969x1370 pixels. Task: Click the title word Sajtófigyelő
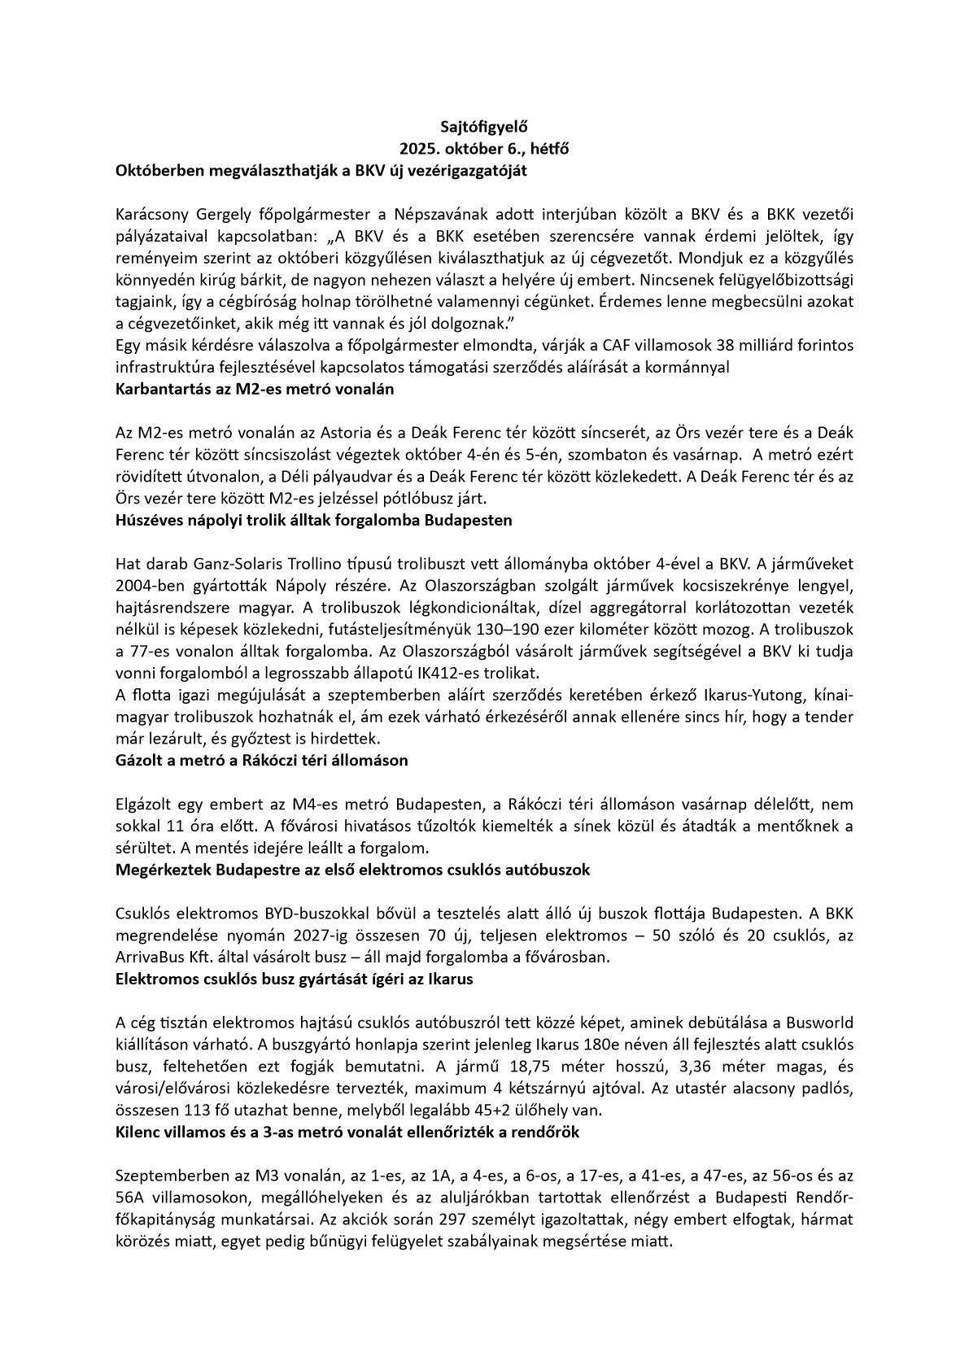tap(484, 127)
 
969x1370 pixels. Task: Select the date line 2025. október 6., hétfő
tap(484, 149)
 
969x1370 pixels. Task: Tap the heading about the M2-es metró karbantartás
tap(255, 389)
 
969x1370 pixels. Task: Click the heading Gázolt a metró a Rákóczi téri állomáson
tap(262, 761)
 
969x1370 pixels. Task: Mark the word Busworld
tap(825, 1023)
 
